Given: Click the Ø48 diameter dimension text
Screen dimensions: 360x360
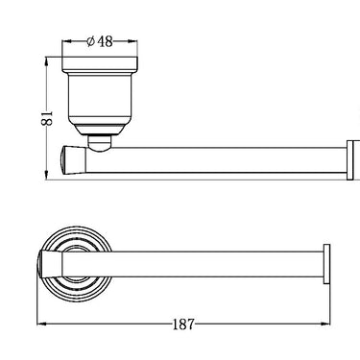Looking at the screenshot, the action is (100, 41).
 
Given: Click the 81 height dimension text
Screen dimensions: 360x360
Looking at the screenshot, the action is (47, 118).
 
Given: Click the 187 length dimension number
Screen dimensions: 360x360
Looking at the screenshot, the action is (183, 324).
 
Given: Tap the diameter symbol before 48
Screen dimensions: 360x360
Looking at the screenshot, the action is (90, 41).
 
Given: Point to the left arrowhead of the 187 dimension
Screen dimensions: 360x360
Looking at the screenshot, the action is (42, 324).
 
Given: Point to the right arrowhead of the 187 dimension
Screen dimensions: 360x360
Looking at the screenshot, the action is (324, 324).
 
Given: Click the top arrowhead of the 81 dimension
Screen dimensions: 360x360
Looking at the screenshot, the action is (47, 62).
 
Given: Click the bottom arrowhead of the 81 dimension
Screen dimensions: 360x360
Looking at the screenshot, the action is (47, 175).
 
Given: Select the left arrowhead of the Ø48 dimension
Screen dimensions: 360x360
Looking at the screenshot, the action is (66, 41).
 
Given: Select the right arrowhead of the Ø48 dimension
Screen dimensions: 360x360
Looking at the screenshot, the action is (132, 41).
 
